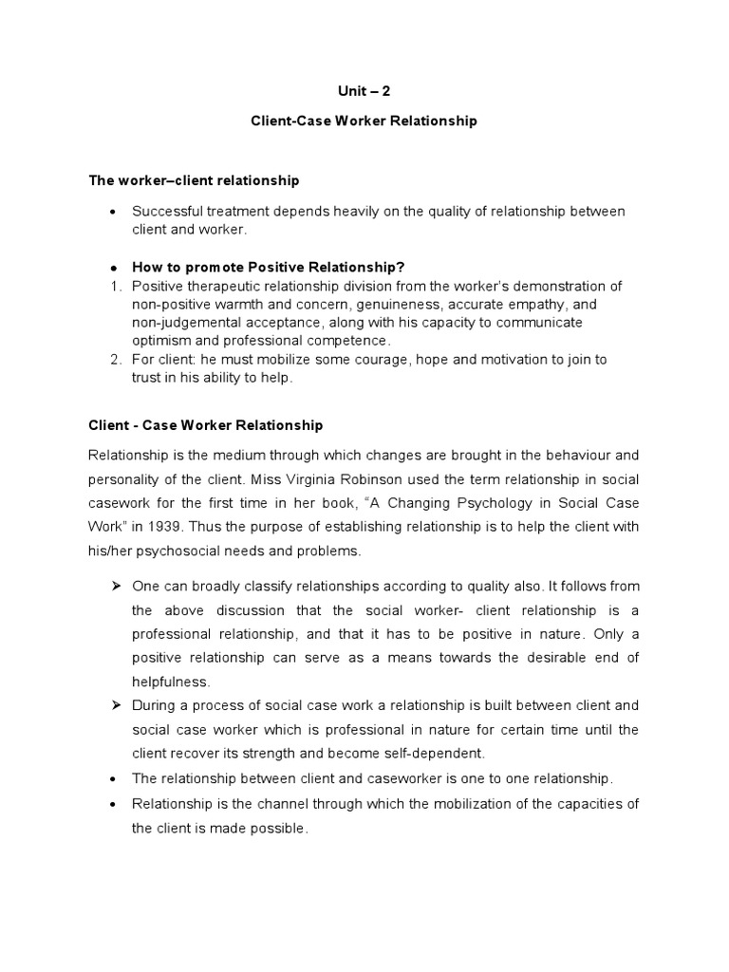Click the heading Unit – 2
point(364,91)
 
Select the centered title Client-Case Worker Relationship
point(364,121)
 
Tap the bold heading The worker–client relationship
point(194,180)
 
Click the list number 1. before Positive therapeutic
point(115,286)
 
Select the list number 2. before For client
point(115,359)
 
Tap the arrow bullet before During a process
point(115,705)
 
